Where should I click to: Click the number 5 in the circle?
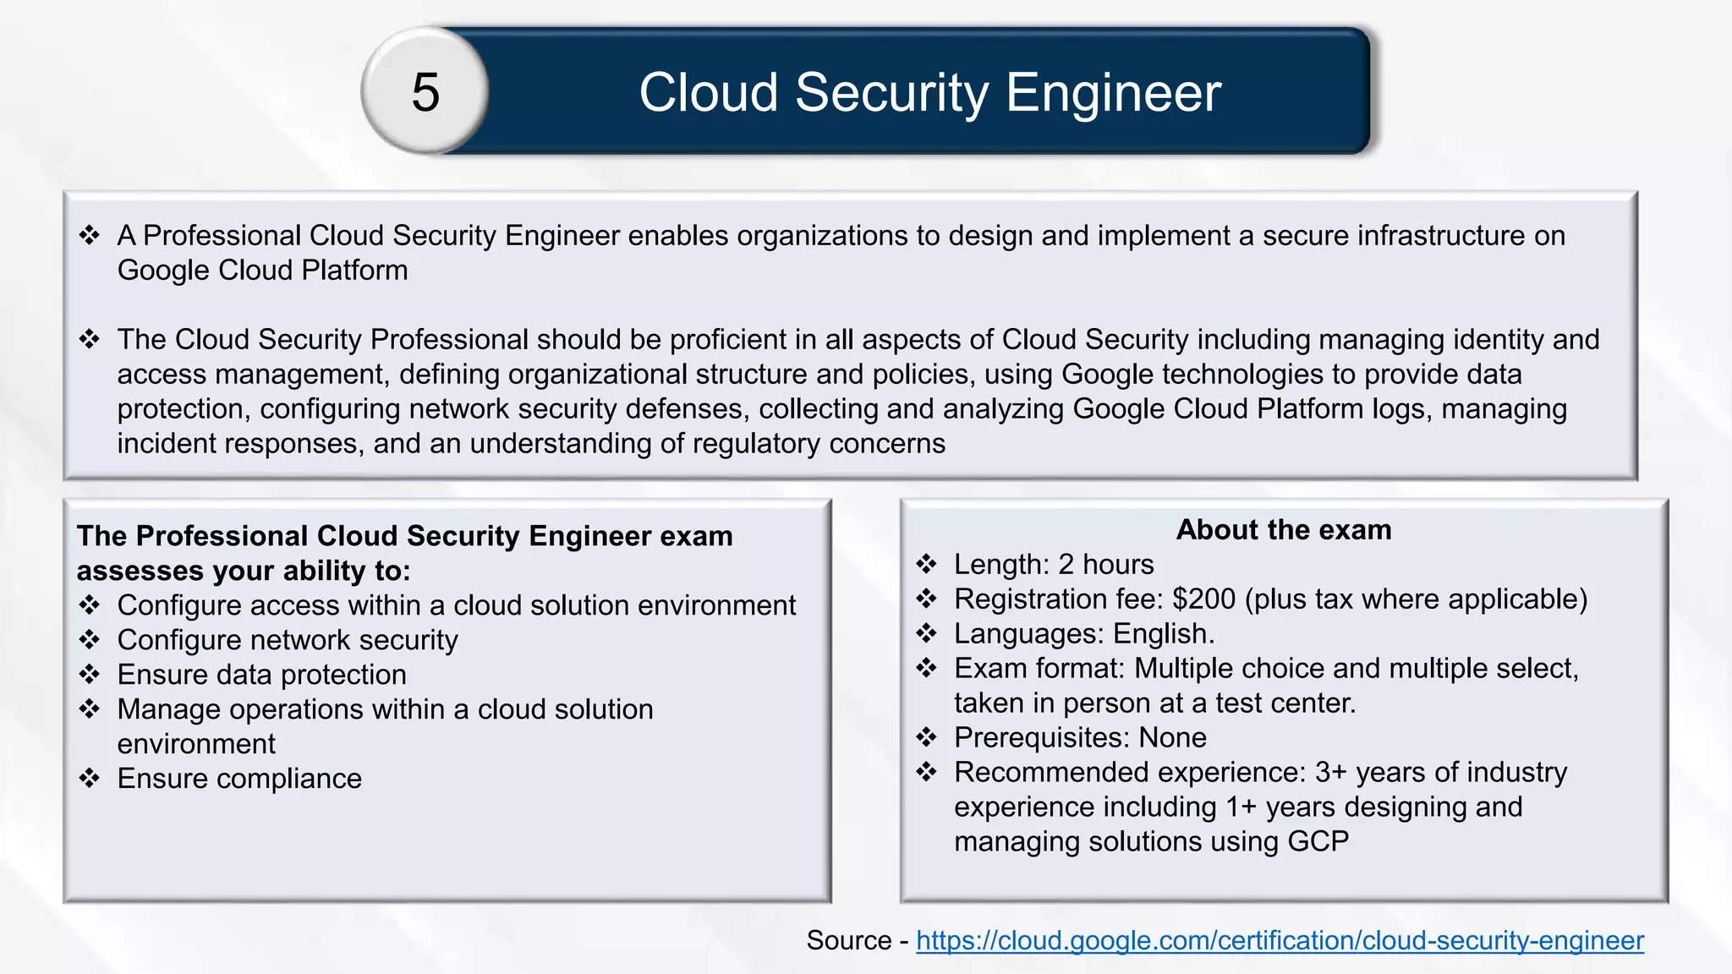pyautogui.click(x=425, y=92)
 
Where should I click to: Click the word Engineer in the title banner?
pyautogui.click(x=1113, y=92)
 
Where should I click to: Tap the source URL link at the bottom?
pyautogui.click(x=1280, y=940)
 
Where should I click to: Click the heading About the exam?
pyautogui.click(x=1283, y=529)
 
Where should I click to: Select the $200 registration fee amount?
pyautogui.click(x=1203, y=599)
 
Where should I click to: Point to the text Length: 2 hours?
pyautogui.click(x=1053, y=565)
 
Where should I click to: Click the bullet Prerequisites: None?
pyautogui.click(x=1080, y=738)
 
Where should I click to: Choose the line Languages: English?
pyautogui.click(x=1084, y=634)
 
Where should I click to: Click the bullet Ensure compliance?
pyautogui.click(x=239, y=779)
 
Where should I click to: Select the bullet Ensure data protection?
pyautogui.click(x=261, y=675)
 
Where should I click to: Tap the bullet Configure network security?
pyautogui.click(x=288, y=640)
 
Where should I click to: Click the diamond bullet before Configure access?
pyautogui.click(x=90, y=605)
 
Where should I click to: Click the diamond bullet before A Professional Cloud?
pyautogui.click(x=90, y=235)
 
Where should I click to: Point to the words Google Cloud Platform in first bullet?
pyautogui.click(x=262, y=271)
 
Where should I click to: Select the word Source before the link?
pyautogui.click(x=848, y=940)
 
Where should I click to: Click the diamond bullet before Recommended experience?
pyautogui.click(x=927, y=772)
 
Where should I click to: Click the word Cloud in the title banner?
pyautogui.click(x=708, y=92)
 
